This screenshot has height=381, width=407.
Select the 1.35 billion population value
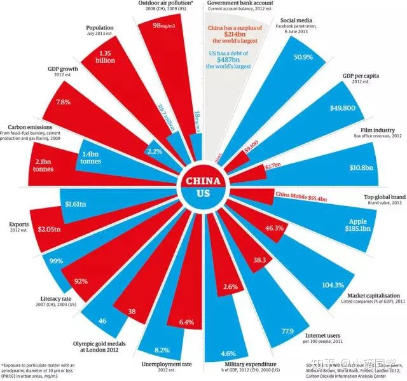106,57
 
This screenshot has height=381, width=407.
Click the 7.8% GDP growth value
64,102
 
